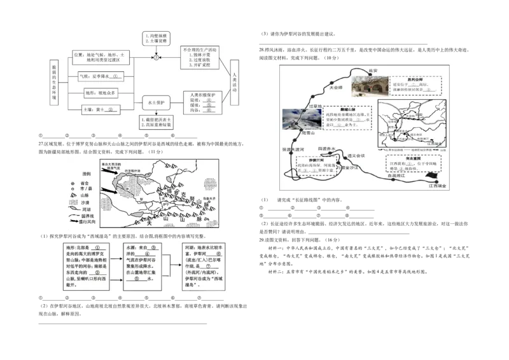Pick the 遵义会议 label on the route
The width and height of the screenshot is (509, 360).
[356, 155]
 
